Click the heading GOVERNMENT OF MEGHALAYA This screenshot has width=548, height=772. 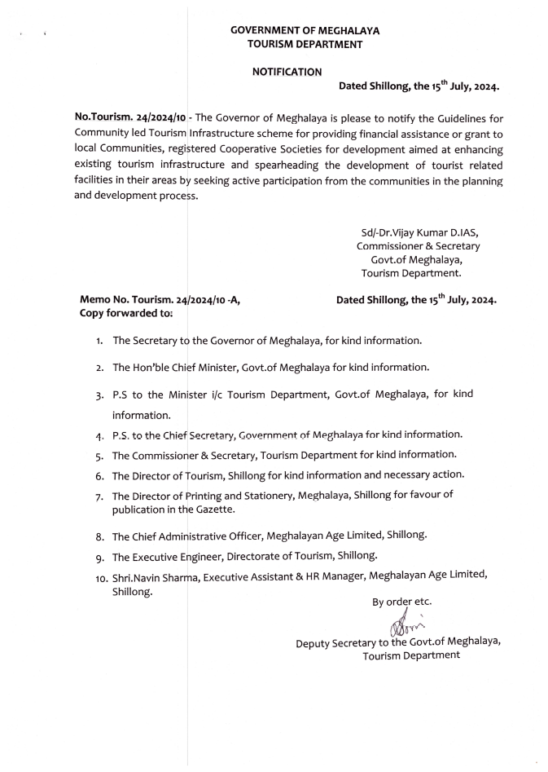[x=305, y=30]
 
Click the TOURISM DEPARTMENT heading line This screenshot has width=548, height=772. [x=305, y=44]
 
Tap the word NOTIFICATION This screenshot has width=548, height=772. [x=287, y=72]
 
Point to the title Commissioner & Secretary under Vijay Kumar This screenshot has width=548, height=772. [x=418, y=245]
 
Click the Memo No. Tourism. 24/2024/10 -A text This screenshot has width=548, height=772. [x=160, y=299]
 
